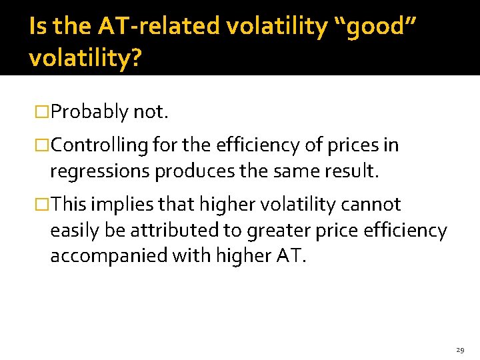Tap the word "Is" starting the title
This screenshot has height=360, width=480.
[x=38, y=26]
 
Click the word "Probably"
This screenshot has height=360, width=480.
[x=89, y=112]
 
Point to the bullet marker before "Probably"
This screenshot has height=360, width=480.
[x=43, y=112]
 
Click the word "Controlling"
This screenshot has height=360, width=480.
[x=99, y=145]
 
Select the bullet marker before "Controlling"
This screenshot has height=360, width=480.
[x=43, y=145]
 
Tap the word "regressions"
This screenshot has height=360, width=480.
[x=100, y=171]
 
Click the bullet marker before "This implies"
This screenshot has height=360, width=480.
[x=43, y=204]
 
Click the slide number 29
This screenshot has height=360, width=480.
[x=460, y=349]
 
